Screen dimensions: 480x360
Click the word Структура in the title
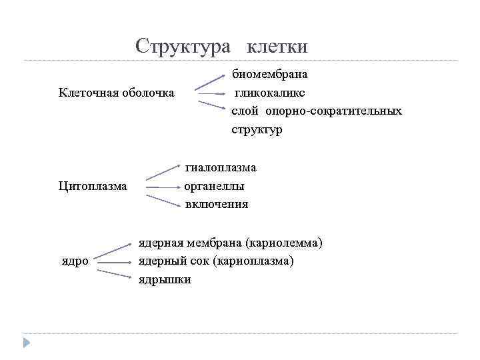pos(183,46)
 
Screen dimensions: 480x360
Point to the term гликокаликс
pos(269,91)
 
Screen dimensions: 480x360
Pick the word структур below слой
pos(257,129)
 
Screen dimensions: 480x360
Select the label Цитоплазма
pos(93,185)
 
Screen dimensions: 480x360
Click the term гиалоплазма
pos(220,167)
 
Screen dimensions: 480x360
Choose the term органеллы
pos(214,186)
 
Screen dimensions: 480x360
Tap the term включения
pos(216,204)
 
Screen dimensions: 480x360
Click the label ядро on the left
pos(74,261)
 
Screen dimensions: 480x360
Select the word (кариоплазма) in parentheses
pos(253,261)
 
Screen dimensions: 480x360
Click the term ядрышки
pos(164,279)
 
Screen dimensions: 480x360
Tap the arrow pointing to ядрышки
pos(113,273)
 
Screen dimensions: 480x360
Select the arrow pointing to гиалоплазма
pos(163,170)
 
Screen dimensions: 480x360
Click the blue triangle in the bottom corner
pos(27,343)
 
